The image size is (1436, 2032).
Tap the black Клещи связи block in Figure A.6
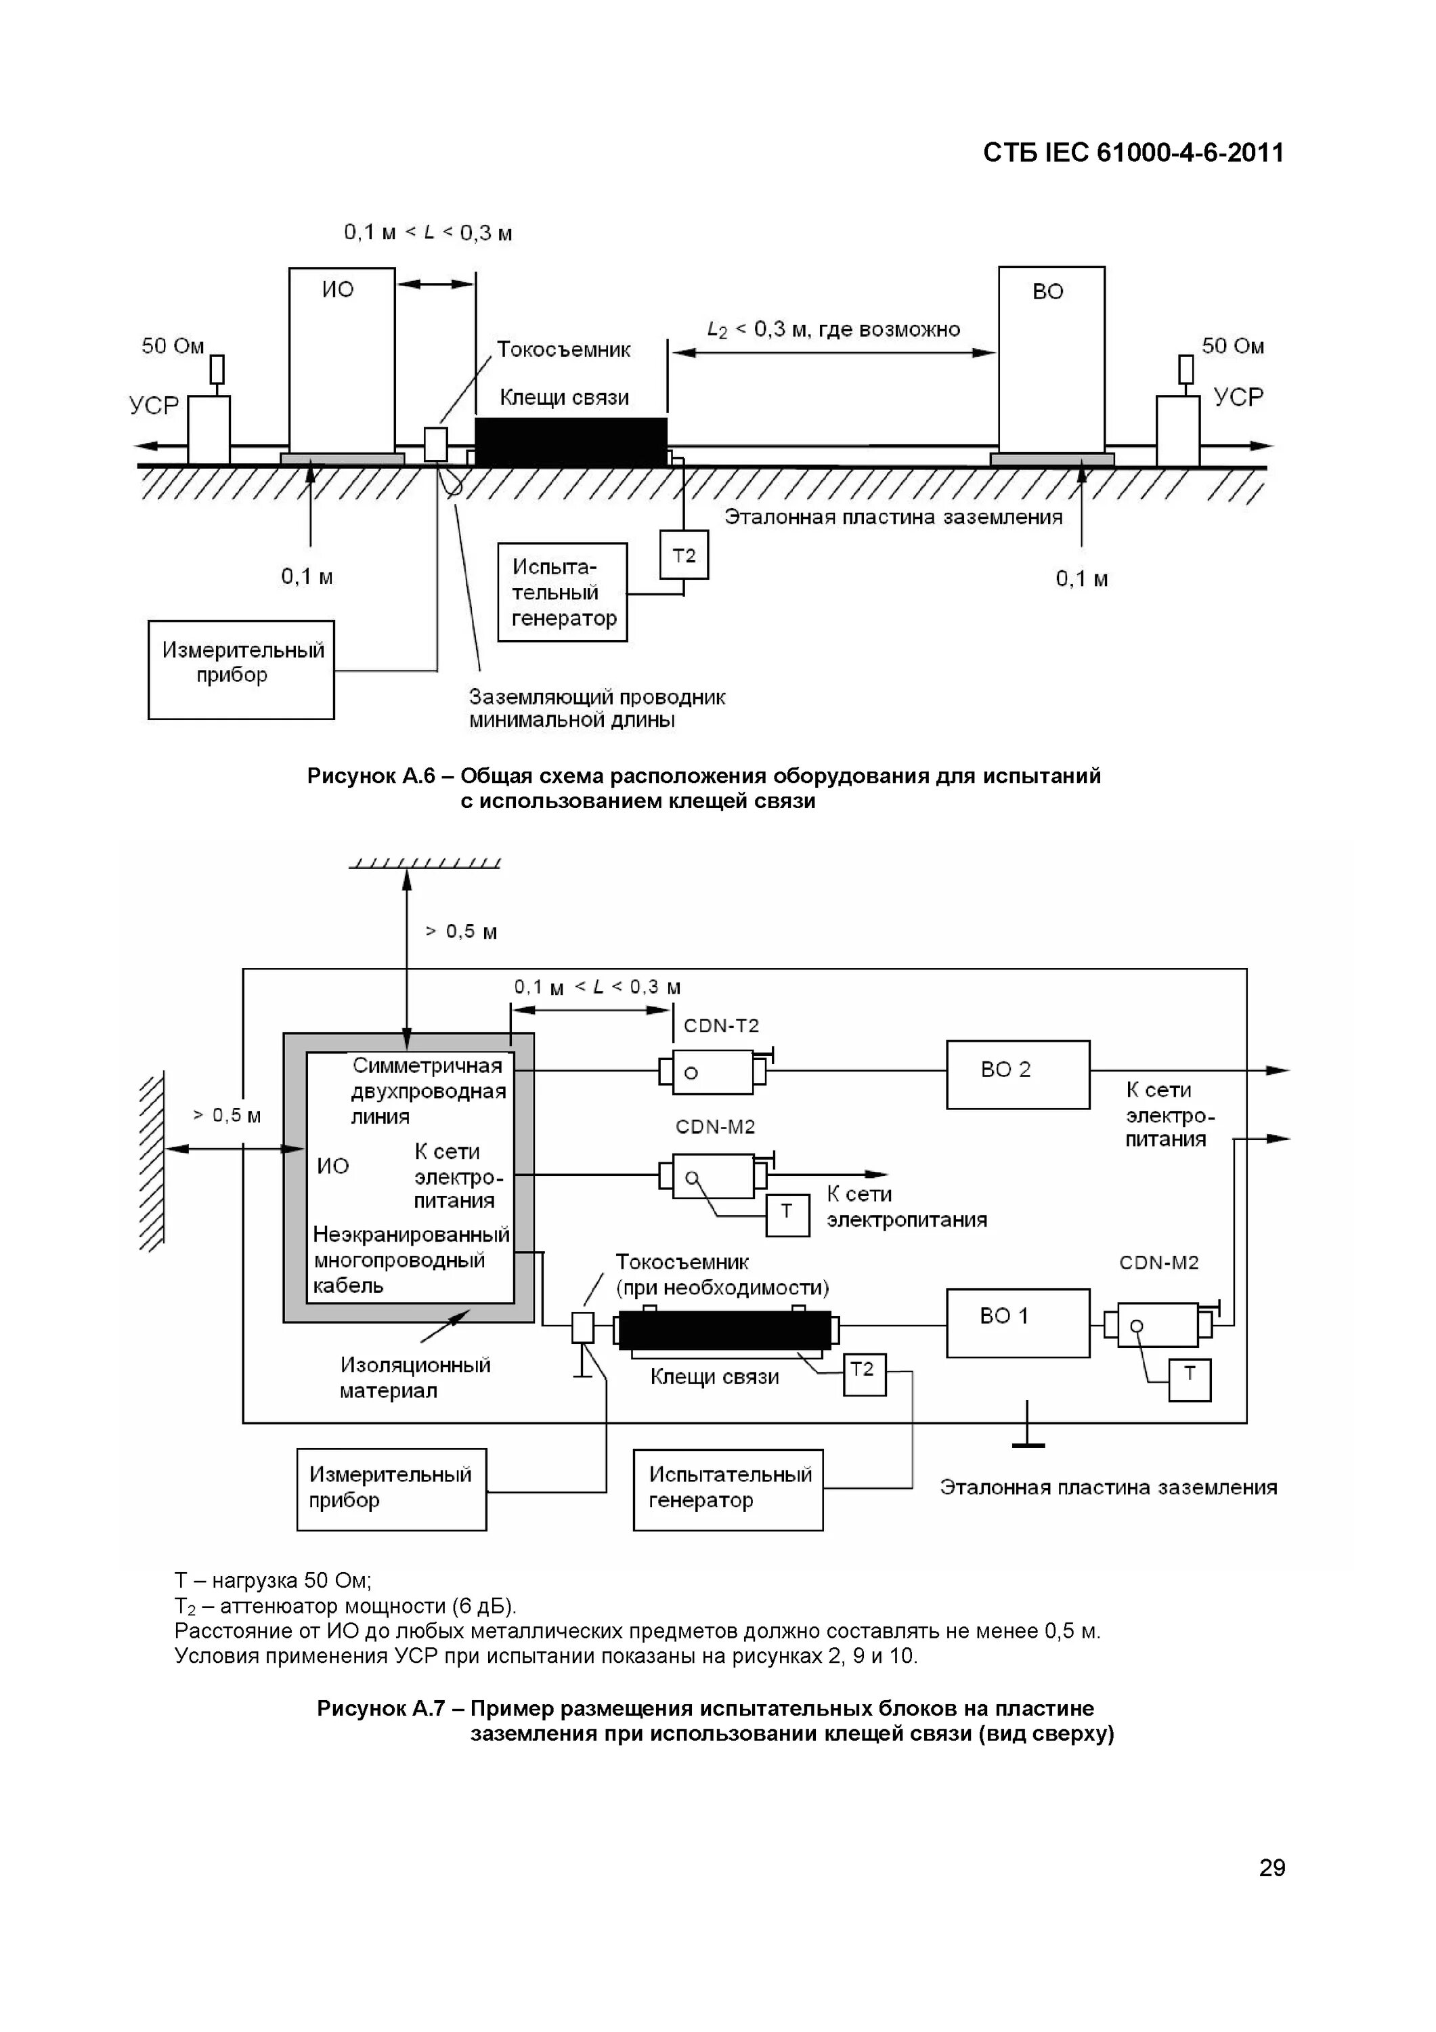(x=571, y=442)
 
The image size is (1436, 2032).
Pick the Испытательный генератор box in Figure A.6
(x=563, y=592)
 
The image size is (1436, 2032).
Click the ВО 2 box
(x=1018, y=1074)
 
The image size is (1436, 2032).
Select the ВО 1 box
(x=1018, y=1323)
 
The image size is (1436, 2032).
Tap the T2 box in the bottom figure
(x=863, y=1374)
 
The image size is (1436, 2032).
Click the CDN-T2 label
(x=721, y=1025)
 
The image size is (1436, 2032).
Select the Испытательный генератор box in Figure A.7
(x=728, y=1489)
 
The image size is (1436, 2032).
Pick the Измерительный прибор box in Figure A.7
(x=391, y=1489)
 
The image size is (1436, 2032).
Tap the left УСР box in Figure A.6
(x=209, y=429)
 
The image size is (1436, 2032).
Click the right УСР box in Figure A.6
(x=1177, y=429)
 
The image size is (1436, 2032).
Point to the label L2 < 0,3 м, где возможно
(x=833, y=330)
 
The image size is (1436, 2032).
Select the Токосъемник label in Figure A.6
(x=563, y=350)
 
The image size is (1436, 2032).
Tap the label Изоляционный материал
(x=415, y=1377)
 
